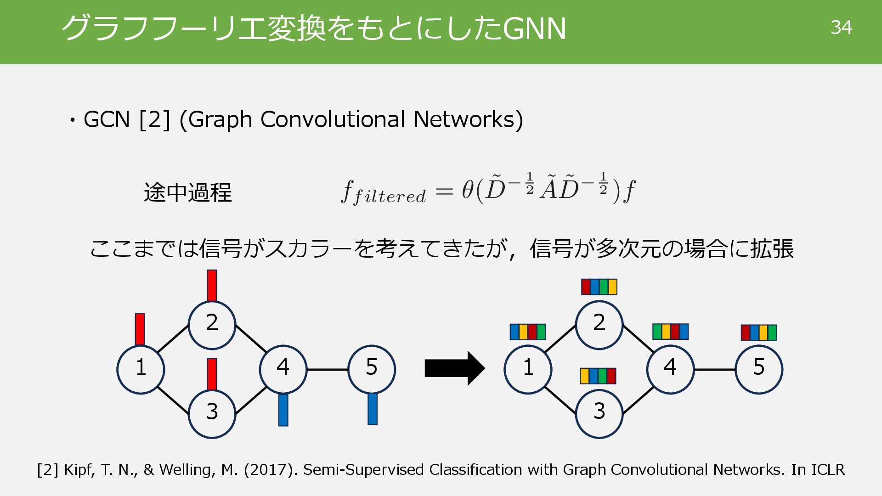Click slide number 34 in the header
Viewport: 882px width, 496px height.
(x=841, y=28)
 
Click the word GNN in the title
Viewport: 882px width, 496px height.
(x=534, y=28)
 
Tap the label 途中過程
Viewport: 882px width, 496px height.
(x=187, y=192)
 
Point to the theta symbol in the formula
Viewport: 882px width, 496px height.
(x=467, y=190)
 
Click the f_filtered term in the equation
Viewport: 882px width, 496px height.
(x=383, y=192)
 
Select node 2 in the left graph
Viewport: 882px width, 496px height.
(x=212, y=324)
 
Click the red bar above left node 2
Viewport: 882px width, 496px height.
(x=212, y=285)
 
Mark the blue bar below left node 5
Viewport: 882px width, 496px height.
(x=372, y=409)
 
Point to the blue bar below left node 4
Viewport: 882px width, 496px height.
(x=283, y=410)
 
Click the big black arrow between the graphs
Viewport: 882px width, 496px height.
(x=454, y=368)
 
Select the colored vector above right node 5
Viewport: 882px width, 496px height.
(x=758, y=333)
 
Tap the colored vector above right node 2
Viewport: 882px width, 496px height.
(x=599, y=287)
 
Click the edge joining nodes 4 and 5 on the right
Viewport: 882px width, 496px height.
(x=714, y=369)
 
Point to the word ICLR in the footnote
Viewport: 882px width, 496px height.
(x=828, y=470)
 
